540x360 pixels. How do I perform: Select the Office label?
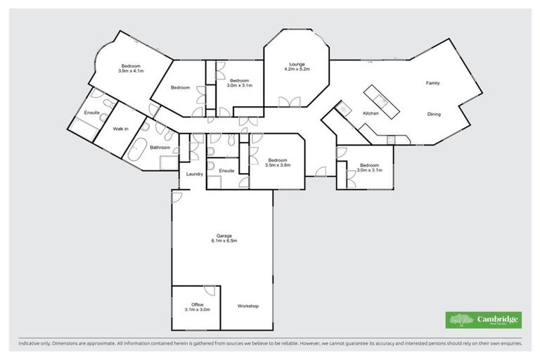[x=197, y=304]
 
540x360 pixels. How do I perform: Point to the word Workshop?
[x=248, y=306]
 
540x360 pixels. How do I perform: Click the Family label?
[x=432, y=83]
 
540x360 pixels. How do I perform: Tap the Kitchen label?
[x=371, y=113]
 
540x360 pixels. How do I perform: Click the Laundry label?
[x=195, y=174]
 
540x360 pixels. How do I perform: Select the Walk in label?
[x=120, y=129]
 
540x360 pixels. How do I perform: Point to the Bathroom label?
[x=160, y=148]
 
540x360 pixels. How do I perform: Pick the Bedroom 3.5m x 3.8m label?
[x=277, y=162]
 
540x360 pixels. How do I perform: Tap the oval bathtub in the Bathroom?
[x=136, y=151]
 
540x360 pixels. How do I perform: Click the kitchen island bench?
[x=380, y=101]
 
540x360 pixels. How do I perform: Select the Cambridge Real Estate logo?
[x=484, y=320]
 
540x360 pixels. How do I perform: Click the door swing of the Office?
[x=210, y=291]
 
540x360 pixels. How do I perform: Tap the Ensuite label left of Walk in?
[x=91, y=112]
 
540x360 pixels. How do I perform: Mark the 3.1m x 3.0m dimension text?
[x=197, y=309]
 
